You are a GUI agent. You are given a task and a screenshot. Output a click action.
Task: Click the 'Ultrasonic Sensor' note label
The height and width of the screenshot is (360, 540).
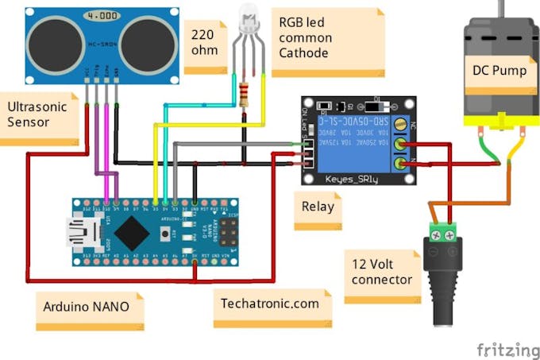(40, 114)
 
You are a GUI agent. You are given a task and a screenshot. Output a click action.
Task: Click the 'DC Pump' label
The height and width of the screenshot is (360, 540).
(499, 70)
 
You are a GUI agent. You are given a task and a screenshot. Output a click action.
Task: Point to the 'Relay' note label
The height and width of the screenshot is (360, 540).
(317, 207)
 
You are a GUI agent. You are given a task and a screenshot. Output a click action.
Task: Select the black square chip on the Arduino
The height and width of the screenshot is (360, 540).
(129, 231)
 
